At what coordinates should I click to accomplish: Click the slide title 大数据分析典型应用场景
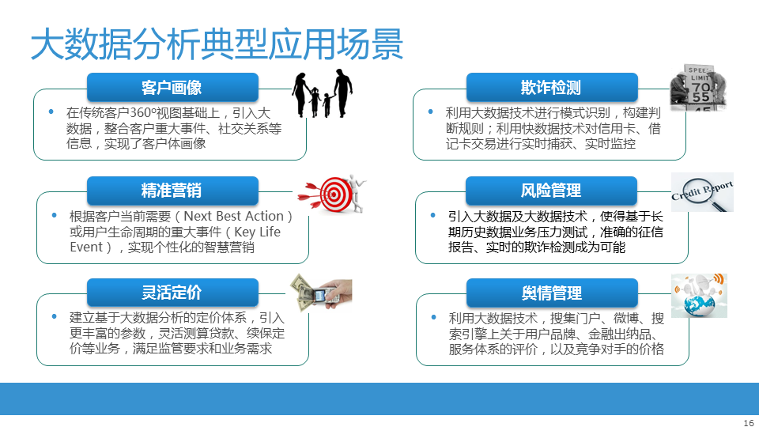(217, 44)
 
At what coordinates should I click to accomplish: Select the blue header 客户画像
(172, 87)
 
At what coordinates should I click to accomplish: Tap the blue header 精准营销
(172, 191)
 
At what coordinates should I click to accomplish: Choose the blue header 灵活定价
(172, 293)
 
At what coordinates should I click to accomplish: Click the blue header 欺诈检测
(552, 87)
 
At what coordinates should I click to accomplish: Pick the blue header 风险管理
(551, 191)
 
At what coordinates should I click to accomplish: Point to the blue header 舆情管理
(552, 293)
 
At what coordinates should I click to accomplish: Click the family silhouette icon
(322, 93)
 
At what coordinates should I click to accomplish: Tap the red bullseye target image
(332, 194)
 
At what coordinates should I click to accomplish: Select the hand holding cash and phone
(321, 292)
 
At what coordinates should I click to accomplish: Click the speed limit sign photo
(698, 87)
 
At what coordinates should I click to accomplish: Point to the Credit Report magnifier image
(702, 192)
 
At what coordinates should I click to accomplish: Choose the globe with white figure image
(699, 295)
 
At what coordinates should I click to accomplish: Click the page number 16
(749, 422)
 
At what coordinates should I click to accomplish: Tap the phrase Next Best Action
(233, 216)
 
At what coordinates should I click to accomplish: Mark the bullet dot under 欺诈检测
(430, 111)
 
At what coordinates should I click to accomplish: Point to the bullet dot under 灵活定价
(55, 316)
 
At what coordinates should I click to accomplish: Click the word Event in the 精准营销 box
(86, 247)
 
